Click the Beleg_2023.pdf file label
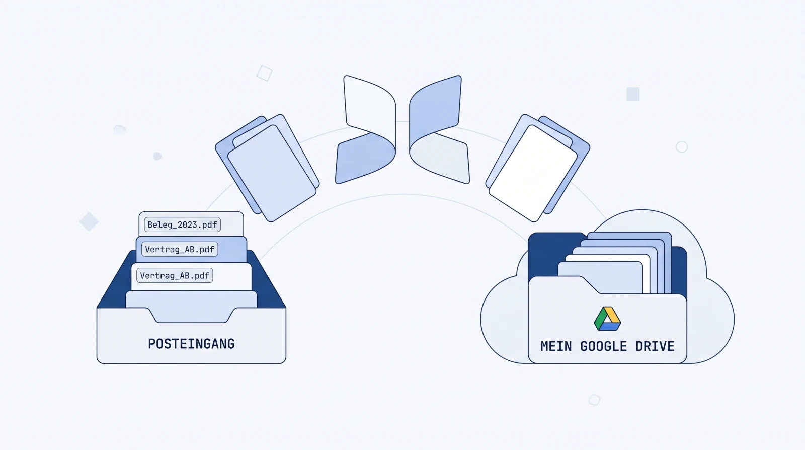point(182,224)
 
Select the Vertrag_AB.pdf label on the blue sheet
point(180,249)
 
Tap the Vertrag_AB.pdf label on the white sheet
point(175,276)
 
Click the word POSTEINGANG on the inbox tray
point(191,344)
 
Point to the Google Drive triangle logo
point(607,319)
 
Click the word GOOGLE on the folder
point(603,346)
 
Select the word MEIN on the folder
point(556,346)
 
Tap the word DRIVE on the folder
point(655,346)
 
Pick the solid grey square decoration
point(633,94)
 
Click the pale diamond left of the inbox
point(89,221)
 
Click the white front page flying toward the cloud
point(533,173)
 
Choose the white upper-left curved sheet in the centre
point(369,104)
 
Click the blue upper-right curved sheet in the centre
point(435,108)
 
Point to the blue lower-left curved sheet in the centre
point(365,158)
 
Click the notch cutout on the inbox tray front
point(191,316)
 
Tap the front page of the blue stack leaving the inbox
point(272,173)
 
